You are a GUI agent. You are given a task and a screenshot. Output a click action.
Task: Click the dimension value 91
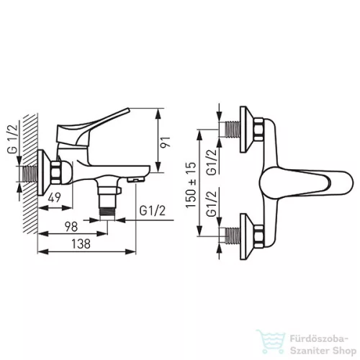coord(166,143)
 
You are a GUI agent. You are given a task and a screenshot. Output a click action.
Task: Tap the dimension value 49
coord(55,198)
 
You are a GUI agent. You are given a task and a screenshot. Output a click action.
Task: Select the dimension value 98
coord(71,227)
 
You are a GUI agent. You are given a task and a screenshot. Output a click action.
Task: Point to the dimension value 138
coord(81,244)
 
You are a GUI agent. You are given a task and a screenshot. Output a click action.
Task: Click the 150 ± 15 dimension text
coord(191,185)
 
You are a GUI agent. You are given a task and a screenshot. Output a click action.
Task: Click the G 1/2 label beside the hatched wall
coord(13,140)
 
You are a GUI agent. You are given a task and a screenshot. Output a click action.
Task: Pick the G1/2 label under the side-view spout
coord(153,211)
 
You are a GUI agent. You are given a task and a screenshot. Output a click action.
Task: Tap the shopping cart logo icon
coord(271,341)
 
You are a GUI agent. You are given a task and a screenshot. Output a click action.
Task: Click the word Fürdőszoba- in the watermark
coord(319,339)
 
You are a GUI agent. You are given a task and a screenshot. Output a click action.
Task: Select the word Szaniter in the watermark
coord(308,351)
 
